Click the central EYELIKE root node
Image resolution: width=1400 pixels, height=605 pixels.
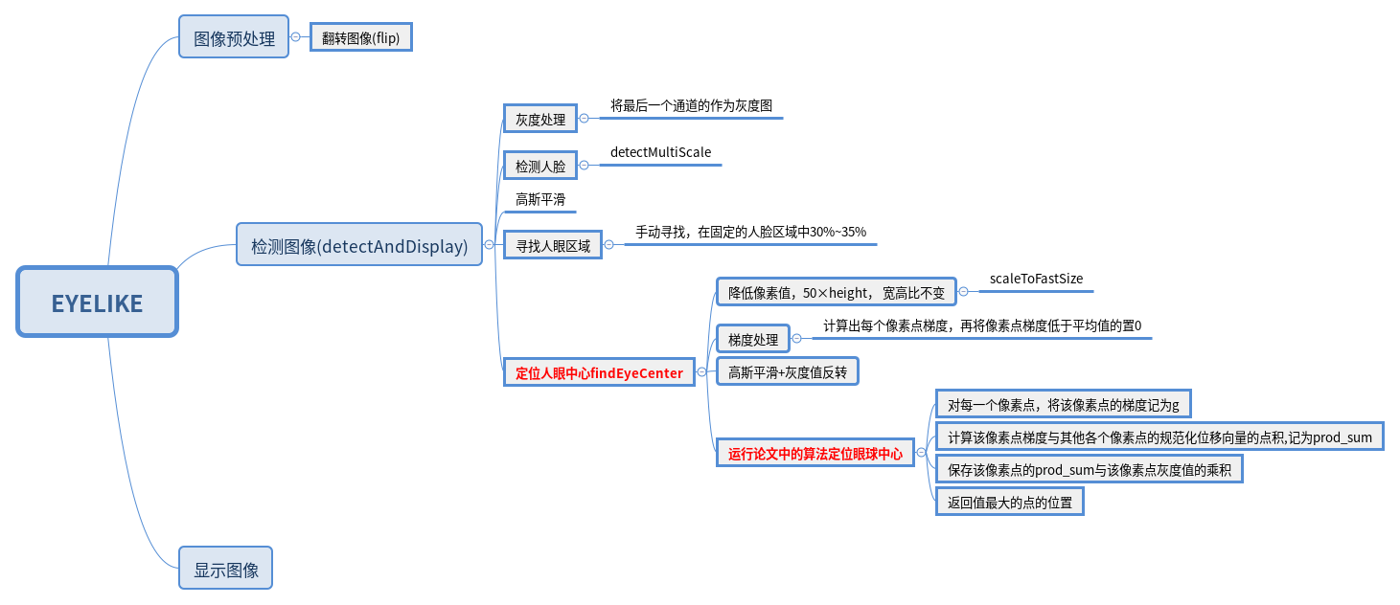[x=97, y=302]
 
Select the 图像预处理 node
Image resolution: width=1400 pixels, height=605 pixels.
[x=234, y=38]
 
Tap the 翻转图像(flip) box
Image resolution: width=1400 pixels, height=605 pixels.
[x=360, y=38]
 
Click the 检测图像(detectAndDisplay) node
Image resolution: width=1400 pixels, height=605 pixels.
[x=359, y=245]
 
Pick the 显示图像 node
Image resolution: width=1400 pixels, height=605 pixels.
[x=226, y=570]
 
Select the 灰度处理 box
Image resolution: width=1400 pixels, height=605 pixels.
[x=540, y=119]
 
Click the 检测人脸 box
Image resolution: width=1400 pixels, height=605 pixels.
[x=540, y=166]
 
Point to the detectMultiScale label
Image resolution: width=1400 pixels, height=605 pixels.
[x=660, y=152]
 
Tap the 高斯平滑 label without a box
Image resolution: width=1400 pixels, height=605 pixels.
[x=540, y=199]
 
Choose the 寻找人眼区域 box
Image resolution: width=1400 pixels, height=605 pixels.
[x=553, y=245]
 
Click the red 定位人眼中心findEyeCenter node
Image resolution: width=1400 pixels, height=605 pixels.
[x=599, y=372]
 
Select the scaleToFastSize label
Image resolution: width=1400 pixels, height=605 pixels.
[x=1036, y=279]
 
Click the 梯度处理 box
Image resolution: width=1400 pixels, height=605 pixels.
[x=753, y=339]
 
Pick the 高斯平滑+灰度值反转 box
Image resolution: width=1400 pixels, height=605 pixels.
[x=788, y=372]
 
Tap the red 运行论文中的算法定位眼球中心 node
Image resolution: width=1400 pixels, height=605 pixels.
[x=815, y=454]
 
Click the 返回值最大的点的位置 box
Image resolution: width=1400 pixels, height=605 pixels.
[x=1009, y=502]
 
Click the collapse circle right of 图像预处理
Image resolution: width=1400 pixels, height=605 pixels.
[x=296, y=38]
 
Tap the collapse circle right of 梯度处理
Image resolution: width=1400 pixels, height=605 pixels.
[x=796, y=339]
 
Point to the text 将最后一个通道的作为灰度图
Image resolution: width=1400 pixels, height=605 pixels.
[x=691, y=105]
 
